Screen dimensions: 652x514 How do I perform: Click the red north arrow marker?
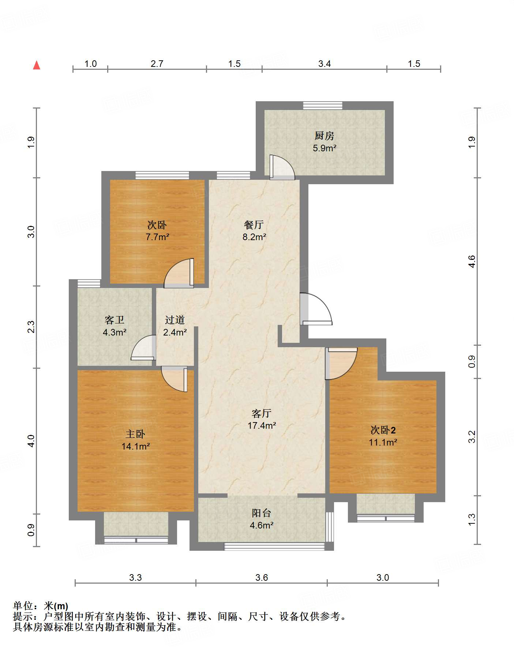click(37, 65)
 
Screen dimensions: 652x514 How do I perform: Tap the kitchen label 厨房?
click(324, 136)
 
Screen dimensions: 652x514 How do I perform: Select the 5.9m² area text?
click(324, 148)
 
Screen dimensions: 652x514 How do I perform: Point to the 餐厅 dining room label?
click(254, 225)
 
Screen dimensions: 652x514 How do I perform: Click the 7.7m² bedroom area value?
click(157, 237)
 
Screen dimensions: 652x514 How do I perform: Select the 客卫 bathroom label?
click(115, 320)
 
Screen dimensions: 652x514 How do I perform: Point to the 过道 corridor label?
click(175, 320)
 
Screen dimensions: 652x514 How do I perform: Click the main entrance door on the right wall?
click(315, 309)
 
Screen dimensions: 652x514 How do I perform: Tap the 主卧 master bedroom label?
click(135, 434)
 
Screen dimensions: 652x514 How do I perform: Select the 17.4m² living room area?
click(262, 426)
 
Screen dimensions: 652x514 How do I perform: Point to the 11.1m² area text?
click(383, 443)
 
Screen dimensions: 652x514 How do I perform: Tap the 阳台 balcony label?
click(261, 513)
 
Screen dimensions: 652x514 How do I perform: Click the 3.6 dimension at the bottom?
click(262, 577)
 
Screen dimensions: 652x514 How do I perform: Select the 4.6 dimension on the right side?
click(472, 261)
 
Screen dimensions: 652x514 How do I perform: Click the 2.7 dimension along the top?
click(157, 64)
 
